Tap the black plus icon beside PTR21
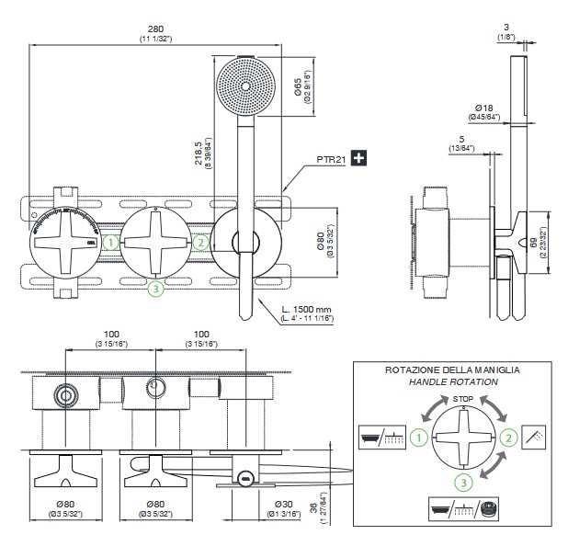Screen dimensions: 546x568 (358, 158)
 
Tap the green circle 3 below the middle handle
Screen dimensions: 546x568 (156, 289)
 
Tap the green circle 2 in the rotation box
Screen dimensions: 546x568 (506, 440)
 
